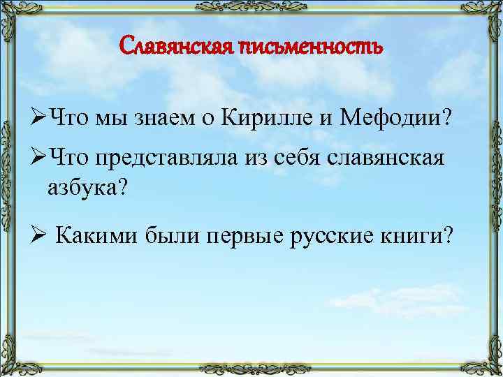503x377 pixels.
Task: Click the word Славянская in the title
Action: coord(175,47)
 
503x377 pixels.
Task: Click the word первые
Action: coord(240,238)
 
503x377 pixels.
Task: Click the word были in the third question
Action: coord(171,237)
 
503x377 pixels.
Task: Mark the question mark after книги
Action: coord(447,237)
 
